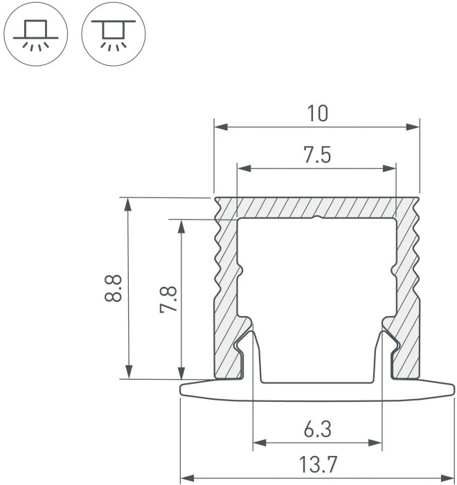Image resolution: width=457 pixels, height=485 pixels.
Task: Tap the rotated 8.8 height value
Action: pos(115,288)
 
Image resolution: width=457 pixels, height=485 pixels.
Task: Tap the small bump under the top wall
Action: pos(316,220)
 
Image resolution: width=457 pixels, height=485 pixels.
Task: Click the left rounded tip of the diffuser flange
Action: pos(183,389)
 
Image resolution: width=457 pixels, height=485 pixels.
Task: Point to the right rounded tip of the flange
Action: pos(451,389)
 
